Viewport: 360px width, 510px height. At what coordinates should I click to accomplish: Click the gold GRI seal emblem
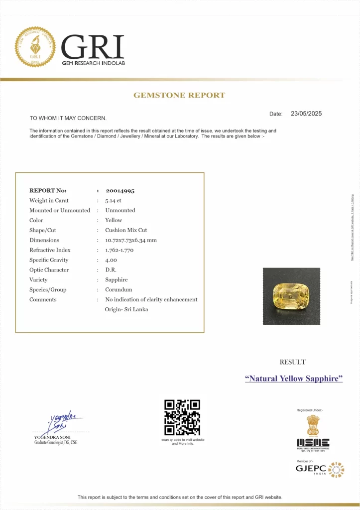click(x=35, y=47)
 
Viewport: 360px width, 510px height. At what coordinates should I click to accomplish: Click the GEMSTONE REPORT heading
click(x=179, y=95)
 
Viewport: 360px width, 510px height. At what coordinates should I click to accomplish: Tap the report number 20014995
click(x=120, y=191)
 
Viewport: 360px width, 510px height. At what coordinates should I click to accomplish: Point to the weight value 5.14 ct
click(x=113, y=201)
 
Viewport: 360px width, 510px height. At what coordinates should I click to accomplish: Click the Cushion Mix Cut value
click(x=126, y=230)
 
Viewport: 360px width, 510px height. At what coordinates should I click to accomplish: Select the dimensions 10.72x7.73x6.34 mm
click(x=131, y=240)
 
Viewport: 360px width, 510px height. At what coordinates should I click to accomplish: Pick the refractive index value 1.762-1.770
click(x=119, y=250)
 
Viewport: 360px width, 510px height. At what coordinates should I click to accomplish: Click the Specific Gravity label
click(x=49, y=260)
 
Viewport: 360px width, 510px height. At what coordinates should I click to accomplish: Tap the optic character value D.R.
click(x=111, y=270)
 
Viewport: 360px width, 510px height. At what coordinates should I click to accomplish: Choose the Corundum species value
click(x=119, y=290)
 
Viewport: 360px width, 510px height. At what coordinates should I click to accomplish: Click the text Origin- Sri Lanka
click(x=126, y=309)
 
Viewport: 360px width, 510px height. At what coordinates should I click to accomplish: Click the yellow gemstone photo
click(x=291, y=296)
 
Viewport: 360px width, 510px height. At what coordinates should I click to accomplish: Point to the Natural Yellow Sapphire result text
click(x=294, y=379)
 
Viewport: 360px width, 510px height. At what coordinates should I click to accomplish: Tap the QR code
click(x=182, y=417)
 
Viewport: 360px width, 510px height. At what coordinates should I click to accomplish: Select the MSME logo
click(x=313, y=443)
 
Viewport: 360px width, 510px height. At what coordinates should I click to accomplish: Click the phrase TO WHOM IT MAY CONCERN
click(x=68, y=118)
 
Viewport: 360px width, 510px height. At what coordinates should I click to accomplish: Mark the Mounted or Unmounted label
click(x=60, y=210)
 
